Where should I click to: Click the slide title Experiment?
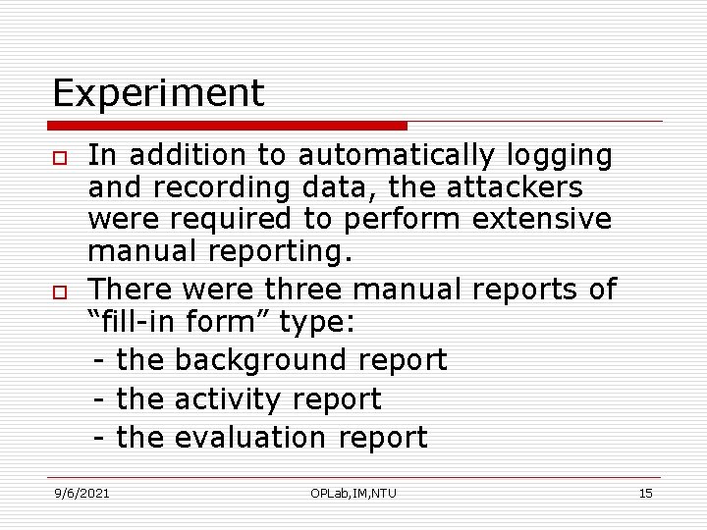click(158, 94)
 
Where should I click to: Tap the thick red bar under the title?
click(228, 126)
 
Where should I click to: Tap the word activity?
click(227, 399)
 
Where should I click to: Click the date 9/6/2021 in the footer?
click(82, 493)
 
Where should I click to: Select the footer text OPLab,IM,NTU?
click(353, 493)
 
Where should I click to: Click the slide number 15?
click(645, 493)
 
